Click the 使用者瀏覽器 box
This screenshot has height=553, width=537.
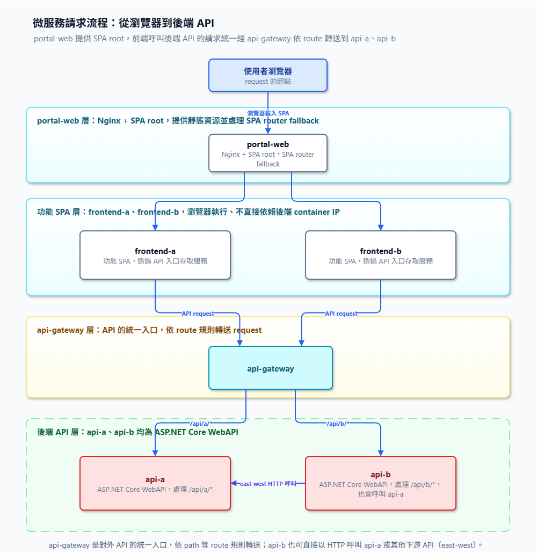268,75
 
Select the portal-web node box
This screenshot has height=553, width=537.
268,153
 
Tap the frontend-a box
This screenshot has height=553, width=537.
155,255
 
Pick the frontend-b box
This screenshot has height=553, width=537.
381,255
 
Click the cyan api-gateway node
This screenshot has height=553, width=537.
271,368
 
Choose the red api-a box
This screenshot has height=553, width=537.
155,483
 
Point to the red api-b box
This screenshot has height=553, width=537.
381,483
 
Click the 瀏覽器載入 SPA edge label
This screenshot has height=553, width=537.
268,113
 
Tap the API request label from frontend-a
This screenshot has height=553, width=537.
198,314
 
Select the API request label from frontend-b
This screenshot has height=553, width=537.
341,314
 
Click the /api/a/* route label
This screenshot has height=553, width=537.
201,424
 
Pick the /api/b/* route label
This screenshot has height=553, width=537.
338,424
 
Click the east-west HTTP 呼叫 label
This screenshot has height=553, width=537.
268,484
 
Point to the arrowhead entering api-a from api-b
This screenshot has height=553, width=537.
234,483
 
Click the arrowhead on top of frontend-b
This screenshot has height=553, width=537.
381,228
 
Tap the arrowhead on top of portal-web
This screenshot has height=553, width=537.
268,131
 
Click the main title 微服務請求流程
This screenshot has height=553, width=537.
124,23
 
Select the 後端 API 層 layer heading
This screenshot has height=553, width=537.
137,432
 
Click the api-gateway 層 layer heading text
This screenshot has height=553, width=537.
149,330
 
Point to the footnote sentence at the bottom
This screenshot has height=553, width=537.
266,545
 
